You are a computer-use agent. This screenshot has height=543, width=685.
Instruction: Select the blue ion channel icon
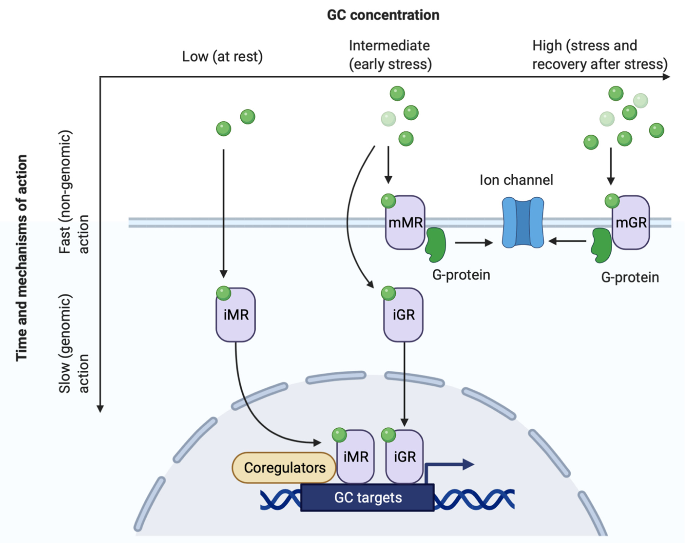pos(523,222)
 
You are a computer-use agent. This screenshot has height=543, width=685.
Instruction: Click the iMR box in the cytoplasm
pos(236,315)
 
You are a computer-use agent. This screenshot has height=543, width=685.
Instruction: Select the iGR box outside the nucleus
pos(404,315)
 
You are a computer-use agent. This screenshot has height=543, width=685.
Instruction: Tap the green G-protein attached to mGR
pos(601,245)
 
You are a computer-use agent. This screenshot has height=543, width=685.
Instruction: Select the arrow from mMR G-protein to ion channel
pos(473,243)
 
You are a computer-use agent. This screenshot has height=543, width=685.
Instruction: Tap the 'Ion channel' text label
pos(516,180)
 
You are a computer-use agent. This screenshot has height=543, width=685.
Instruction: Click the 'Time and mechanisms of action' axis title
pos(22,258)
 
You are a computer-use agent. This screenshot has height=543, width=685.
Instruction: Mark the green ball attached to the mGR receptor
pos(612,201)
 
